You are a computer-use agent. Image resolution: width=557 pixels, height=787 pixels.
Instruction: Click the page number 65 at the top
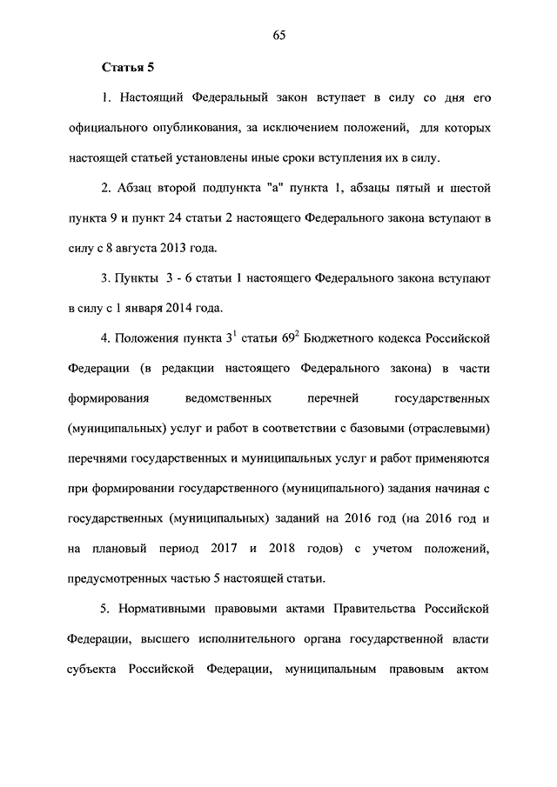coord(278,36)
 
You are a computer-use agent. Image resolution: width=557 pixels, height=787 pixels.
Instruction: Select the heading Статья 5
coord(128,67)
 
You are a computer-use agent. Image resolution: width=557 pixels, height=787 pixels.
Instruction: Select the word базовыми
coord(389,429)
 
